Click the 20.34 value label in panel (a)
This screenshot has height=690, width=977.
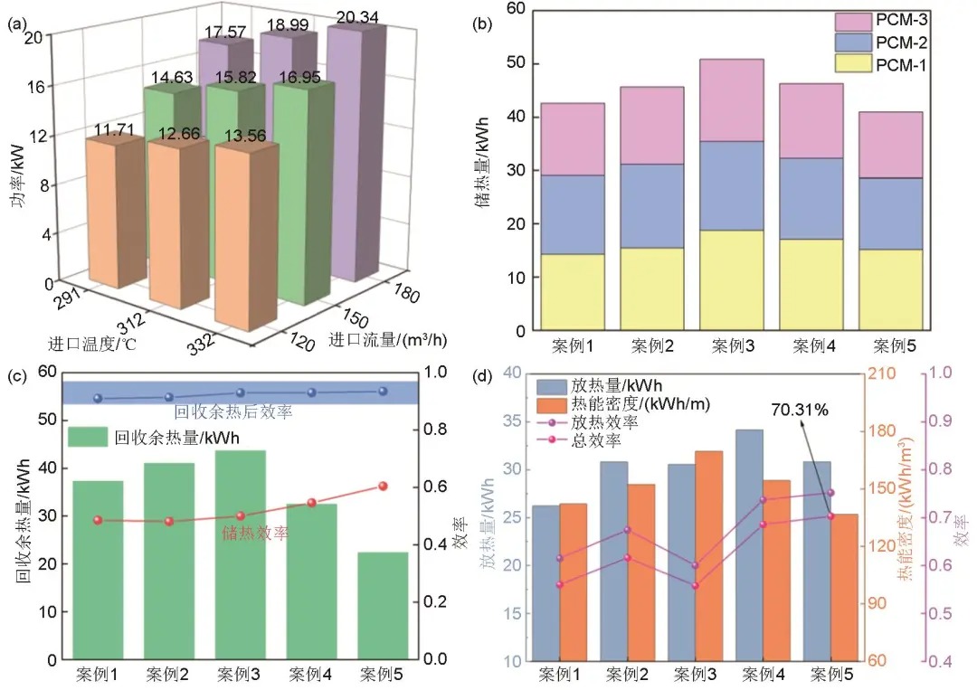(x=357, y=17)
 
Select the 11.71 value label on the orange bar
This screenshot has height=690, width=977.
(x=114, y=129)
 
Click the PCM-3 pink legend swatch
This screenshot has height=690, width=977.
(x=853, y=21)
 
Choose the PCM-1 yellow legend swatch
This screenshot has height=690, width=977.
(x=853, y=64)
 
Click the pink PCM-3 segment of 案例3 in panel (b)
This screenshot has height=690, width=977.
(x=732, y=100)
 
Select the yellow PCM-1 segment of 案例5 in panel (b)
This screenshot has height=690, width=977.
(x=890, y=289)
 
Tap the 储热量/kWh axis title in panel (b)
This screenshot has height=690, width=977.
(x=484, y=162)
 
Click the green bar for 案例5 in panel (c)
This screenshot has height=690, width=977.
(x=383, y=605)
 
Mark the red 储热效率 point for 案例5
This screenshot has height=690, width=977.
(x=383, y=487)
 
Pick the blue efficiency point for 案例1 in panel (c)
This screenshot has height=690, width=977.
(x=98, y=398)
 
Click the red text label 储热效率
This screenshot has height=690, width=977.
(x=255, y=533)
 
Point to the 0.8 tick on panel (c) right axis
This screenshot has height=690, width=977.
(x=435, y=429)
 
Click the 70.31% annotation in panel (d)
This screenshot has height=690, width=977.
(x=800, y=410)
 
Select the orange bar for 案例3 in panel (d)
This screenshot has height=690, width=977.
(x=708, y=555)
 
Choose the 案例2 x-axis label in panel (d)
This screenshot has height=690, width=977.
(x=627, y=675)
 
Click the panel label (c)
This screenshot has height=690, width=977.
(x=17, y=376)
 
